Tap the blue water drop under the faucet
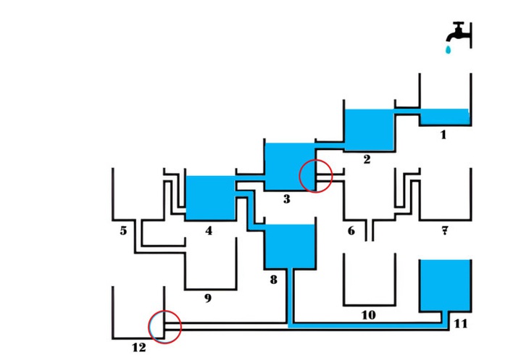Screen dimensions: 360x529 [x=449, y=49]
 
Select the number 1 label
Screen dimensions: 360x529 [x=443, y=134]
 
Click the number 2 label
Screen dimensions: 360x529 [x=367, y=159]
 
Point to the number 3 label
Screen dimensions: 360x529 [x=286, y=198]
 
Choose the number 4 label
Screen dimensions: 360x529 [x=209, y=231]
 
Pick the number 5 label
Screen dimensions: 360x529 [x=123, y=231]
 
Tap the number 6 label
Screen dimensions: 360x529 [x=351, y=231]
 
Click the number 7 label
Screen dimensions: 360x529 [x=444, y=231]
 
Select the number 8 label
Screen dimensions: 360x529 [x=273, y=278]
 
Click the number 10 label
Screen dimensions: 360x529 [x=368, y=314]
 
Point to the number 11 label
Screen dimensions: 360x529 [x=460, y=323]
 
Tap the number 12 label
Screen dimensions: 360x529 [x=138, y=348]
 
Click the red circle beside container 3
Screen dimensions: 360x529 [x=316, y=175]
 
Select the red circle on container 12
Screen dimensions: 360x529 [x=164, y=327]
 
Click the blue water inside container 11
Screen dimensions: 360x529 [x=445, y=286]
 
